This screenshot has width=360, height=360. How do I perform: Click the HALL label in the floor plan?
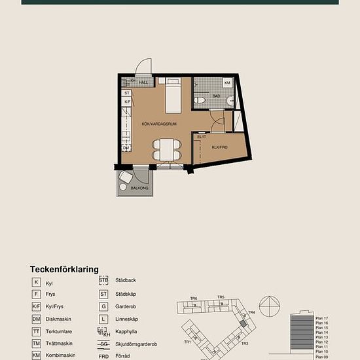(143, 82)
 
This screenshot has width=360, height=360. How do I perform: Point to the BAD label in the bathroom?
(217, 96)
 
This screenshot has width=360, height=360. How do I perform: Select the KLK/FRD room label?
(219, 148)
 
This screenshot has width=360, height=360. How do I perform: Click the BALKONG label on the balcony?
(139, 189)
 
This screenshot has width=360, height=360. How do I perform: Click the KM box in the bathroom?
(228, 84)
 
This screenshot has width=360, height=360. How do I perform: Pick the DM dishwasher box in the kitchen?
(126, 148)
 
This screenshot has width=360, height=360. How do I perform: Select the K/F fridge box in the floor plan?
(128, 102)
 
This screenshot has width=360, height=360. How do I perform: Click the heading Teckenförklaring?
(64, 269)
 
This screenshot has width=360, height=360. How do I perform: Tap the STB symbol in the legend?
(103, 280)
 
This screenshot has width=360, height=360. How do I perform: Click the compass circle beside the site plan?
(268, 306)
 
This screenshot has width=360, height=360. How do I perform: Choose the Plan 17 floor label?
(321, 317)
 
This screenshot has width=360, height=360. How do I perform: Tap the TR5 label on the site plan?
(221, 298)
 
